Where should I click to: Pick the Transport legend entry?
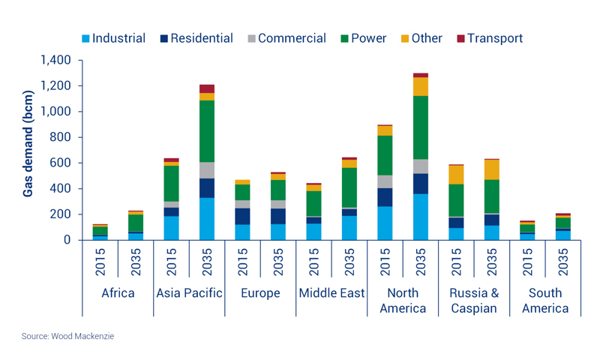tap(493, 38)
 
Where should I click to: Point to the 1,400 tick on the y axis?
tap(54, 60)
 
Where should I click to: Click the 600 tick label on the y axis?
tap(59, 163)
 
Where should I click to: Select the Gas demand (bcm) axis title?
tap(28, 150)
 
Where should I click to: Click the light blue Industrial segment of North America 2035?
tap(421, 217)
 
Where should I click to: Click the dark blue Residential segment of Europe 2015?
tap(242, 216)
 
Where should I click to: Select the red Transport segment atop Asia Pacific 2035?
tap(206, 88)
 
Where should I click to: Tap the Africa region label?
tap(118, 292)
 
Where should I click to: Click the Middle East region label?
tap(331, 292)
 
